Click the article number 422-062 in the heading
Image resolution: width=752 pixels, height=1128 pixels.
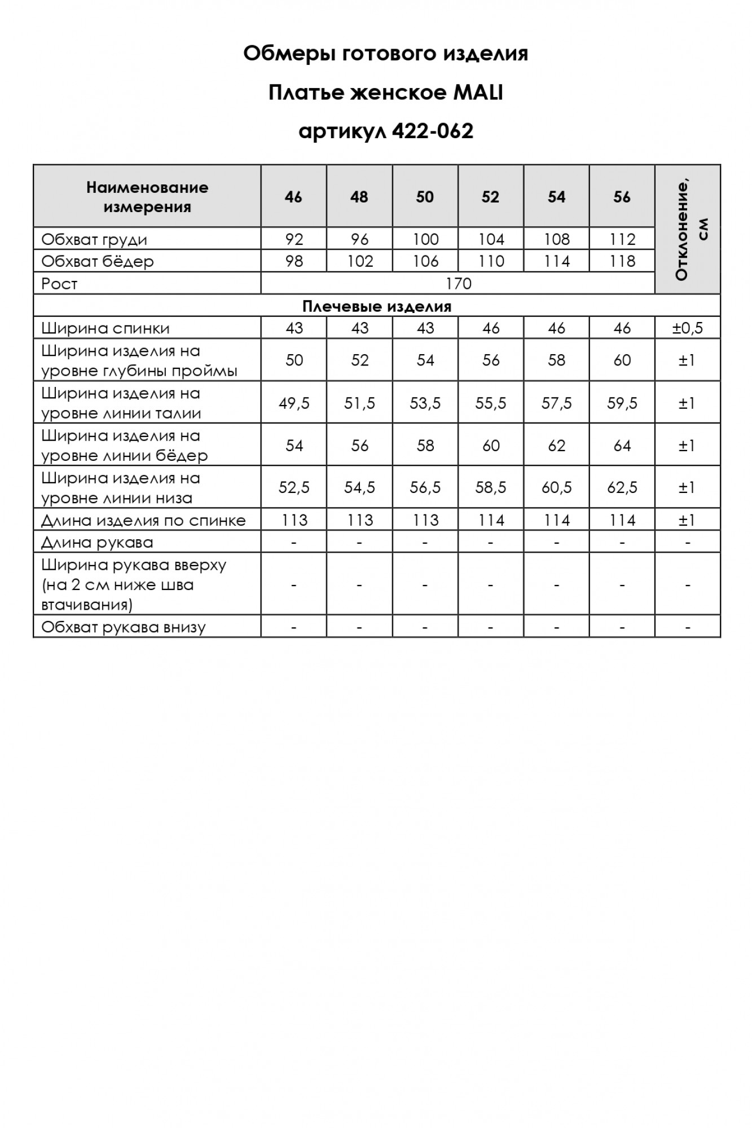(432, 131)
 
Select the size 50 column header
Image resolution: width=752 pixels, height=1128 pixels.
(425, 197)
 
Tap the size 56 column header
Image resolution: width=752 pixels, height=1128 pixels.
(622, 197)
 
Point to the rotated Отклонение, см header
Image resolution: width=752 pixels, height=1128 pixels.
(688, 230)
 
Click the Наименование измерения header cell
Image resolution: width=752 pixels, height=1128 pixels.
(147, 197)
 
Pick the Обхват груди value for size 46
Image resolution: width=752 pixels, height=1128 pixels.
(294, 239)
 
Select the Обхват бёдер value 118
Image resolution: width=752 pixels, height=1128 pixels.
(622, 261)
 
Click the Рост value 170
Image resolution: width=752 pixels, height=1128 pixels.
(458, 283)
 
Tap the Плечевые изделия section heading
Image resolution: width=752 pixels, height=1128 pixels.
(377, 306)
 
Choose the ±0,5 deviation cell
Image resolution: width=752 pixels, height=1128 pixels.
(687, 328)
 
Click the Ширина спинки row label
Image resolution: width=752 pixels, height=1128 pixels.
(105, 328)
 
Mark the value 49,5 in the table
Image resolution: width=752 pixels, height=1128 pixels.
(294, 403)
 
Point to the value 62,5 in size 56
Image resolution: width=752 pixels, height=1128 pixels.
(622, 487)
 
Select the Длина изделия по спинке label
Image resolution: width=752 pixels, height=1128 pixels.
(144, 520)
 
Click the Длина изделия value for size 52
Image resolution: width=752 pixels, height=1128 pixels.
(491, 520)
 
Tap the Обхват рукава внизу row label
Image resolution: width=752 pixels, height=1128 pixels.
(124, 627)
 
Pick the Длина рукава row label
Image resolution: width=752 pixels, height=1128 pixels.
(97, 543)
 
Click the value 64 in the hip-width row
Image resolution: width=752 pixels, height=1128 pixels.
(622, 446)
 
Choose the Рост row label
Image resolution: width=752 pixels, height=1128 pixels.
(59, 284)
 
